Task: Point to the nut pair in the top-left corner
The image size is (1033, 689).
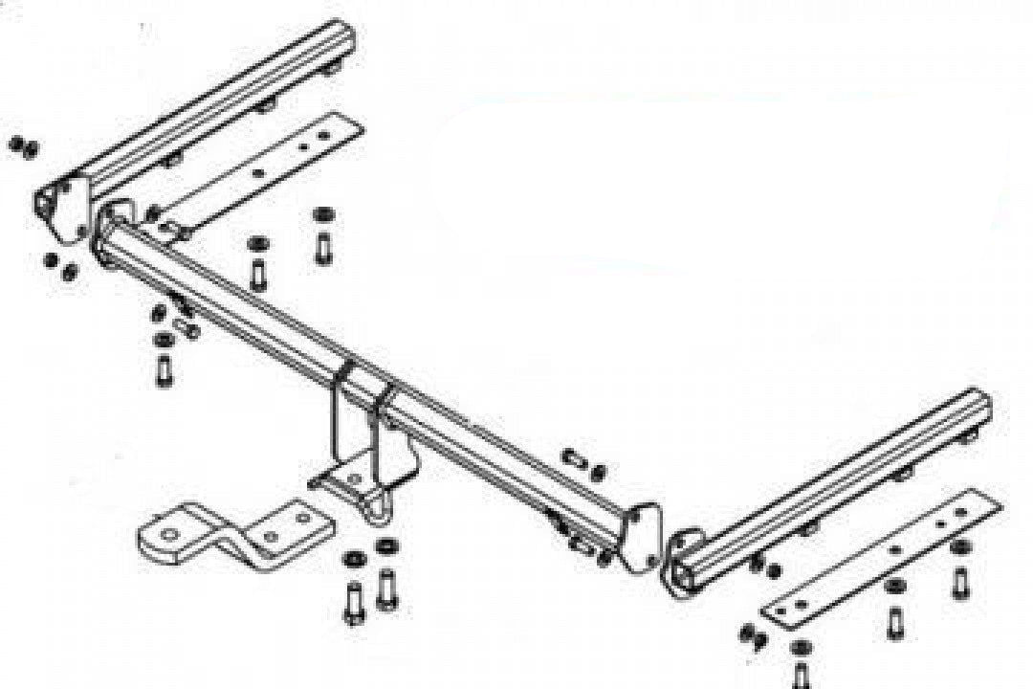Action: [x=23, y=146]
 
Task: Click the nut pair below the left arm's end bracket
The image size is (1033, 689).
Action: [x=59, y=267]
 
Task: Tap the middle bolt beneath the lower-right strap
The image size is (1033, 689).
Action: [x=894, y=618]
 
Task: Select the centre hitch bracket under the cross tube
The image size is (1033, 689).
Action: [x=368, y=450]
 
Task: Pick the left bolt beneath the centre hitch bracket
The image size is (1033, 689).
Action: [x=353, y=598]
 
